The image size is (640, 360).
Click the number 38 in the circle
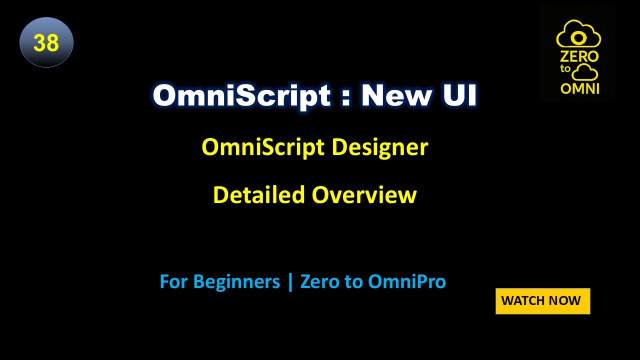pyautogui.click(x=46, y=43)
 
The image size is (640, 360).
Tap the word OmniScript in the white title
pyautogui.click(x=241, y=95)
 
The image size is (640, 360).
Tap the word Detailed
pyautogui.click(x=259, y=195)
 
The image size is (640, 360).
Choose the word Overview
pyautogui.click(x=364, y=195)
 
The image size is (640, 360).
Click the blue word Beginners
pyautogui.click(x=236, y=282)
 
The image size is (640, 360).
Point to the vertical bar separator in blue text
pyautogui.click(x=290, y=282)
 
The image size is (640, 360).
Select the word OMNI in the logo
pyautogui.click(x=580, y=88)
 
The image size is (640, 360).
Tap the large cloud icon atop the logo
pyautogui.click(x=578, y=34)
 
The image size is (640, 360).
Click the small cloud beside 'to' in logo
pyautogui.click(x=585, y=73)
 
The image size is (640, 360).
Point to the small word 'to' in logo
pyautogui.click(x=565, y=69)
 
